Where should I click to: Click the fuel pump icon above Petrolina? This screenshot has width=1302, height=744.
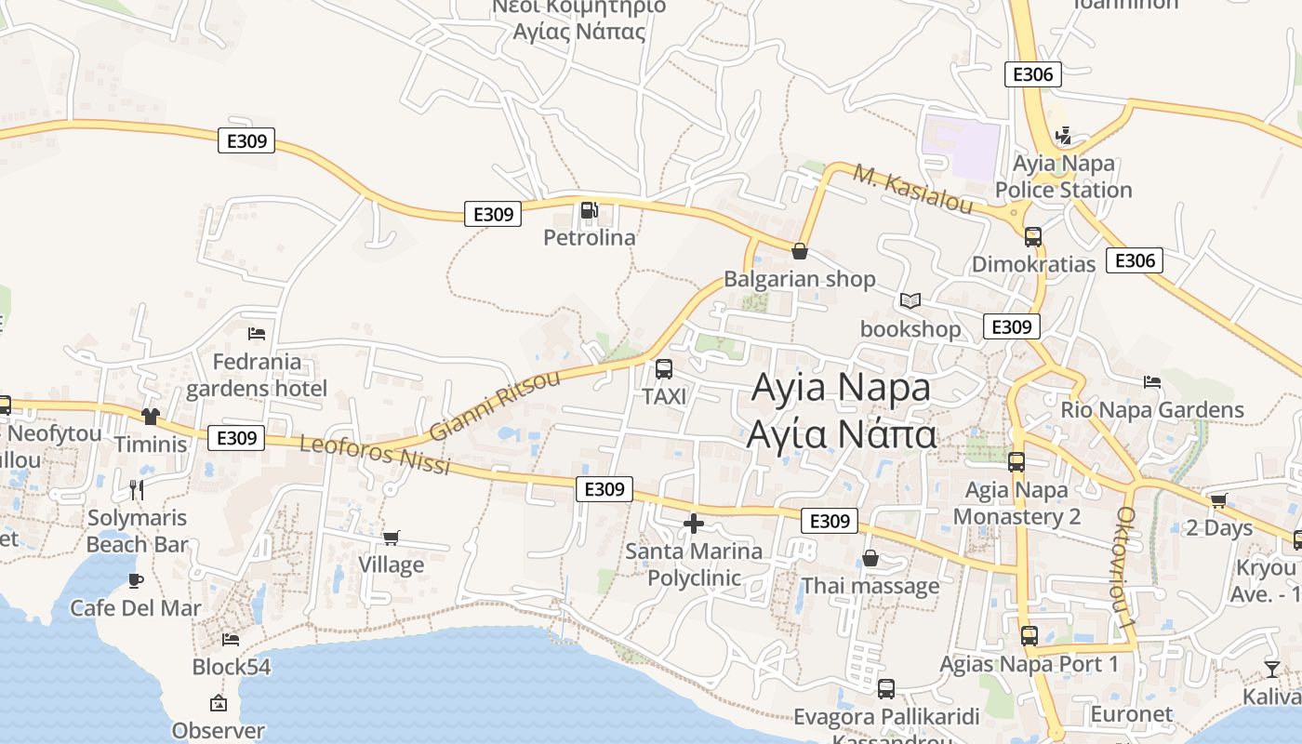coord(588,210)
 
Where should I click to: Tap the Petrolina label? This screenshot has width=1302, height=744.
coord(590,238)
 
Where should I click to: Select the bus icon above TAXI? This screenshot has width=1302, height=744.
coord(664,369)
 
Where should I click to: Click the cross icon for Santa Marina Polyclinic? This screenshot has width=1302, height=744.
coord(693,524)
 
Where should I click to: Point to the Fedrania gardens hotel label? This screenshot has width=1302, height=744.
coord(257,375)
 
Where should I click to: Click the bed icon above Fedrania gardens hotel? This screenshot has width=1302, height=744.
coord(257,334)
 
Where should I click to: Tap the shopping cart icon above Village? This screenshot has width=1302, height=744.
coord(392,538)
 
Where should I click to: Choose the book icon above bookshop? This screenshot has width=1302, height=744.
coord(910,301)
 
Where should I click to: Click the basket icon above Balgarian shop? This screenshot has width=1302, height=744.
coord(799,251)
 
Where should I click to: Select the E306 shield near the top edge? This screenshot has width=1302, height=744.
coord(1032,74)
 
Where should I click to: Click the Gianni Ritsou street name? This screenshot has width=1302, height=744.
coord(496,405)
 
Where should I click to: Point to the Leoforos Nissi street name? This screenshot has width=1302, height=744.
coord(375,456)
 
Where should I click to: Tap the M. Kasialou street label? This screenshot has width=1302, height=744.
coord(912,190)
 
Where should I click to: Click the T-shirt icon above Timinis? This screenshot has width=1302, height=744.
coord(151,416)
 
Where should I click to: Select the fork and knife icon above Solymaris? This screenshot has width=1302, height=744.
coord(137,489)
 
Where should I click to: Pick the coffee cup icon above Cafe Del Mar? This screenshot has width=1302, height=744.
coord(136,580)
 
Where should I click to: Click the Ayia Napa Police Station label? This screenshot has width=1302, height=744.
coord(1063,177)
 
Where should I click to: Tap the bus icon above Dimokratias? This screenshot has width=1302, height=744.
coord(1032,236)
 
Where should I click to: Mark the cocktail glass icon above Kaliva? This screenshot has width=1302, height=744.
coord(1271,669)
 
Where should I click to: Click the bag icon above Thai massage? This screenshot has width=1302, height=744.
coord(870,558)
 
